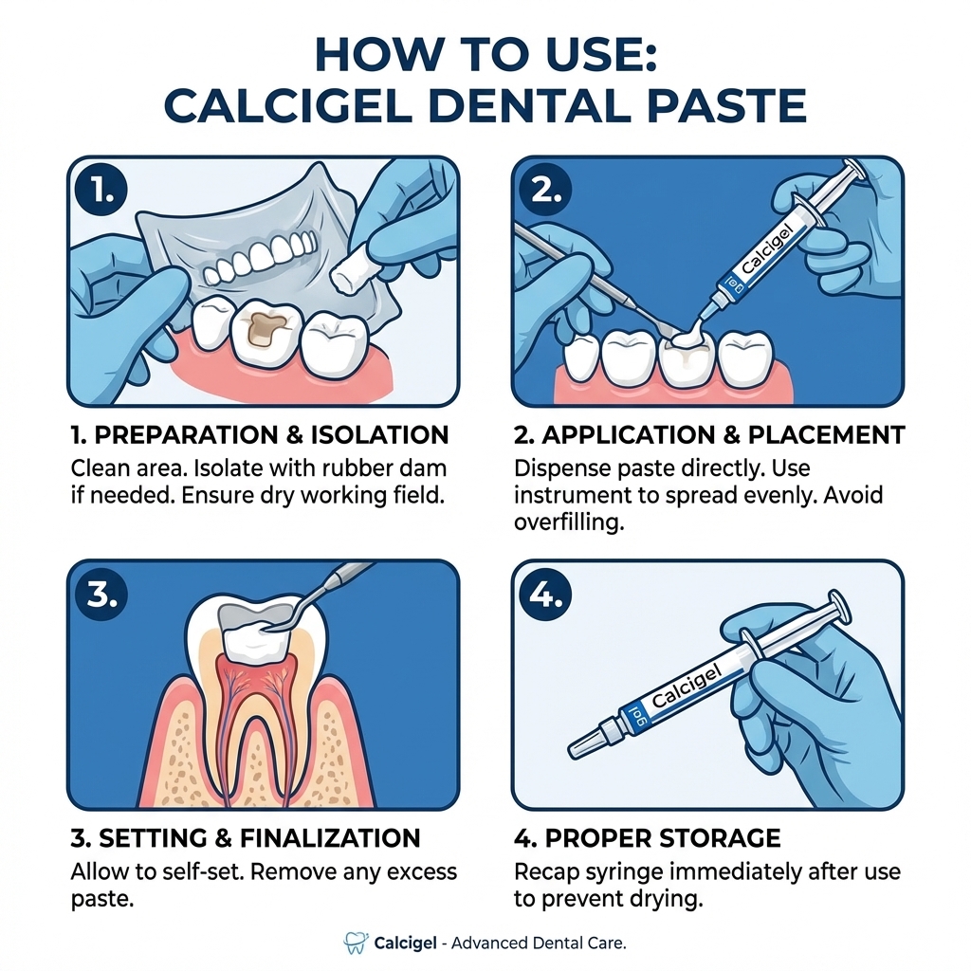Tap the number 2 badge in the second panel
pos(545,191)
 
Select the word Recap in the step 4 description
pos(547,870)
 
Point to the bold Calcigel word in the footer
pos(406,943)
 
